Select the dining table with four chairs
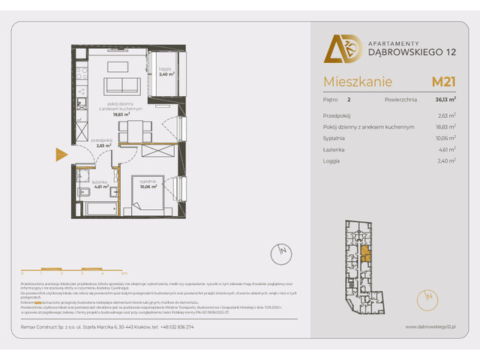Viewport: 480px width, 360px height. pyautogui.click(x=130, y=132)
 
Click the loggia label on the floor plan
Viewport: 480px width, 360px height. pyautogui.click(x=166, y=72)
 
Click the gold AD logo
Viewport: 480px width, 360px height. pyautogui.click(x=338, y=48)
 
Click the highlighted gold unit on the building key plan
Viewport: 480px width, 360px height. pyautogui.click(x=365, y=254)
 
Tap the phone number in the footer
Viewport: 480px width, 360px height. pyautogui.click(x=177, y=327)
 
